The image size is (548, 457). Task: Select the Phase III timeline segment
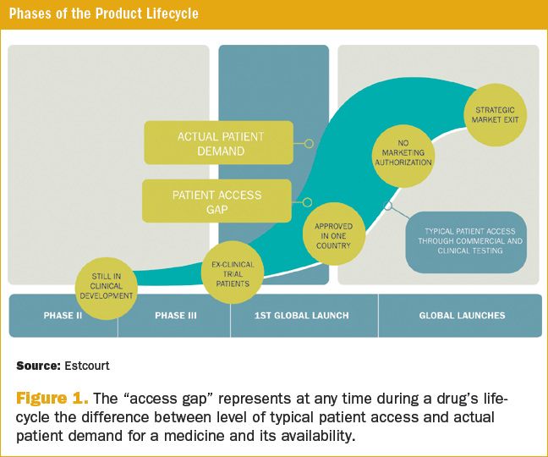click(x=176, y=316)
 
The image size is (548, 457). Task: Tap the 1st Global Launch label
click(x=302, y=316)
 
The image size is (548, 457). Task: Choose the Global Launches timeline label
click(x=462, y=316)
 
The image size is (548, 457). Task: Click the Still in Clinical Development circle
click(x=107, y=284)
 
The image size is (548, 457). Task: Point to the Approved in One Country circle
click(x=333, y=233)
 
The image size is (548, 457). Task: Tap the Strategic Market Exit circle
click(x=495, y=115)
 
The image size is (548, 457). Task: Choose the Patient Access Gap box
click(x=216, y=201)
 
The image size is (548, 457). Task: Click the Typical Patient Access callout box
click(x=471, y=242)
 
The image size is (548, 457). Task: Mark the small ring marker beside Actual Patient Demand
click(x=309, y=144)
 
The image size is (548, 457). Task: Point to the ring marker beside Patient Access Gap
click(x=307, y=202)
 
